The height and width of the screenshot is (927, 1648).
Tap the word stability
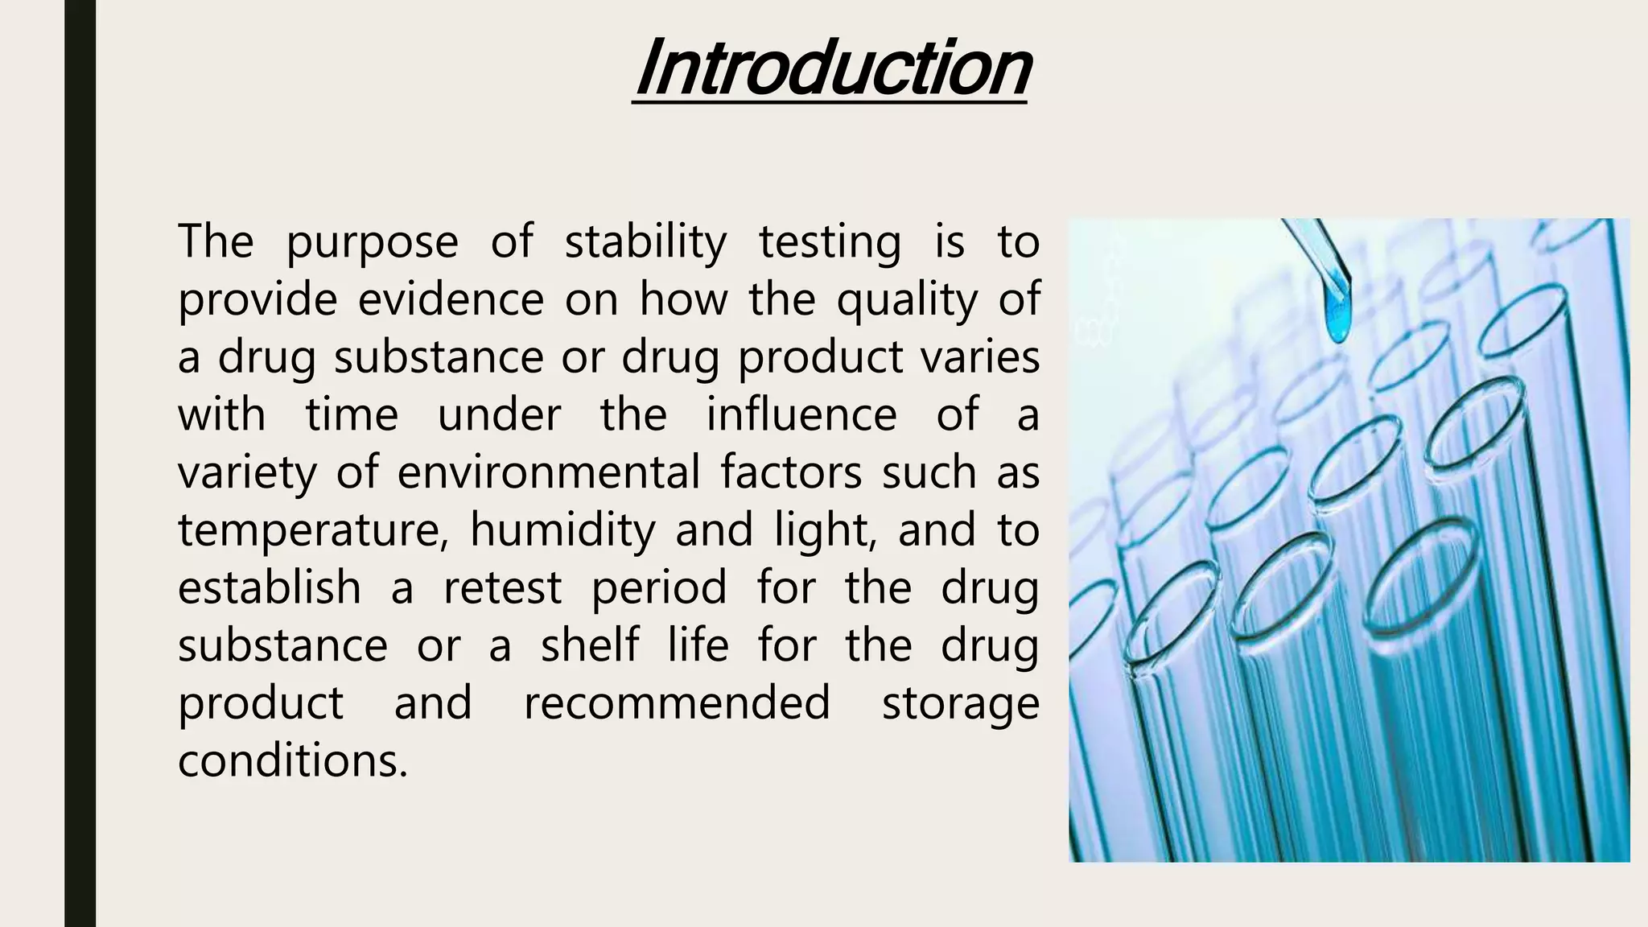645,241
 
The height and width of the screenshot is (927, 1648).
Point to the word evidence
451,299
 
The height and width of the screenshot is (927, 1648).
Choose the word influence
801,415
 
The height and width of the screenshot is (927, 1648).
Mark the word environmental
549,472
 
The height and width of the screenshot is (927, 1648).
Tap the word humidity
562,531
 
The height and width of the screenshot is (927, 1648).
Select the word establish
269,587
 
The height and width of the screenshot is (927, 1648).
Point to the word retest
502,587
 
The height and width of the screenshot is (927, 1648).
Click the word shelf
590,645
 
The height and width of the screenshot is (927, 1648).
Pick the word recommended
677,703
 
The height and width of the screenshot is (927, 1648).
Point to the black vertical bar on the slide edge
80,463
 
